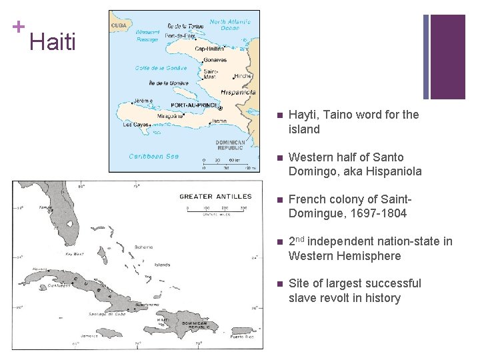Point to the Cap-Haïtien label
tap(209, 49)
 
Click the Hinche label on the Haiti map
tap(242, 76)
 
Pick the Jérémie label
tap(143, 101)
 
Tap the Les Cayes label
tap(135, 124)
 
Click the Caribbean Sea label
tap(153, 156)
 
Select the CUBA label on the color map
tap(119, 25)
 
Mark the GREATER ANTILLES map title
tap(215, 196)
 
